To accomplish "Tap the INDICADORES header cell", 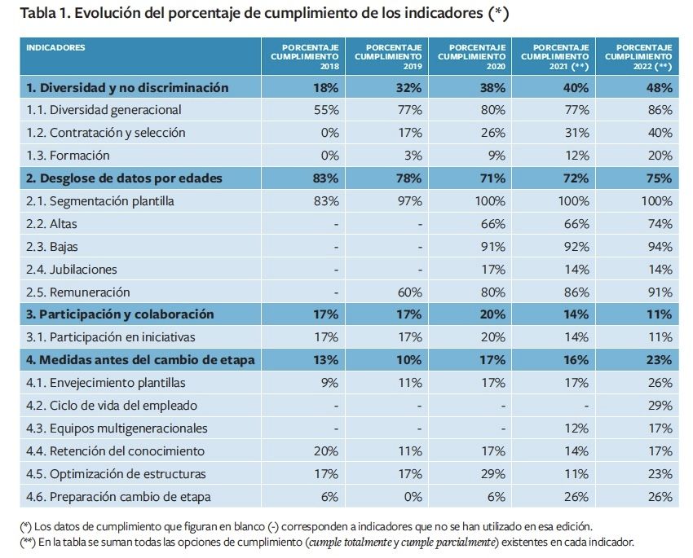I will [56, 48].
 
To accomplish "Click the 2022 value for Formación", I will [660, 155].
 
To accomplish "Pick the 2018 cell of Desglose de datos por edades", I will [325, 178].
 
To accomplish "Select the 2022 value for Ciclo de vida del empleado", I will [660, 405].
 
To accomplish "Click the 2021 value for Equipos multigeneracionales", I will [576, 428].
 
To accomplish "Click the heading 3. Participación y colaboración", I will [121, 314].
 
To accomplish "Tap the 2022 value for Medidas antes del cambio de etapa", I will [658, 359].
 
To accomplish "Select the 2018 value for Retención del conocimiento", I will [326, 450].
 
